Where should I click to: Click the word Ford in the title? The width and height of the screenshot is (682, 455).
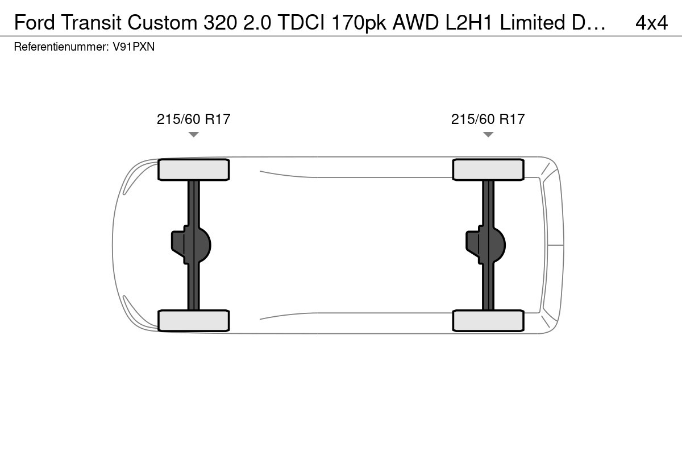[x=35, y=23]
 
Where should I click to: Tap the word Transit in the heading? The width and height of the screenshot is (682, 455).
[x=91, y=23]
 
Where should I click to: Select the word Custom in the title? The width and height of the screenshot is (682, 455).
[x=163, y=23]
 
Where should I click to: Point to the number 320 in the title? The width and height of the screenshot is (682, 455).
[x=220, y=23]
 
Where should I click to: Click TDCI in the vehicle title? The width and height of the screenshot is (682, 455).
[x=301, y=23]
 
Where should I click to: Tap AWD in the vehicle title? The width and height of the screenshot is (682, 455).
[x=416, y=23]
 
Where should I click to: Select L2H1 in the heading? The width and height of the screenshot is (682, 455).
[x=469, y=23]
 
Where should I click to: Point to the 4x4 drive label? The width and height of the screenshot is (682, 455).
[x=651, y=23]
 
